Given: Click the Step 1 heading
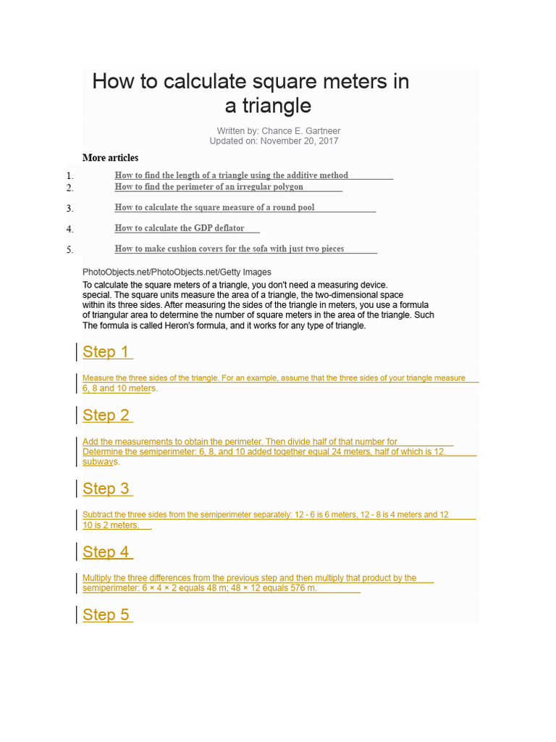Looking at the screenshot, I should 106,352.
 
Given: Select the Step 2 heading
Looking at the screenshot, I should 106,415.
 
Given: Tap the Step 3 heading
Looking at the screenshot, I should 106,488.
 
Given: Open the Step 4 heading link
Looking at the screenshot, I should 106,552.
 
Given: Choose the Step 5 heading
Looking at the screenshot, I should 106,615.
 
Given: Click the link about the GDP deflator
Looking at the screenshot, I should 180,228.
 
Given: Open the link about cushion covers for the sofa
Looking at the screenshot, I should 229,249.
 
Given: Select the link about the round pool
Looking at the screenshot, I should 214,207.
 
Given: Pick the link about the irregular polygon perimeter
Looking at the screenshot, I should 209,187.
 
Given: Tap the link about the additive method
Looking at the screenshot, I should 232,175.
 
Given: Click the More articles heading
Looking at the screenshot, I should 110,158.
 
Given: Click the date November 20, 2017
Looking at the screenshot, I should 299,141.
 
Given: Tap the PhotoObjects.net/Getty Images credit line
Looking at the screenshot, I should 177,272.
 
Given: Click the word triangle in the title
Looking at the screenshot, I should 268,106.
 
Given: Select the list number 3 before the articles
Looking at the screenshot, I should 70,209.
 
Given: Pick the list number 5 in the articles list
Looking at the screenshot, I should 70,250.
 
